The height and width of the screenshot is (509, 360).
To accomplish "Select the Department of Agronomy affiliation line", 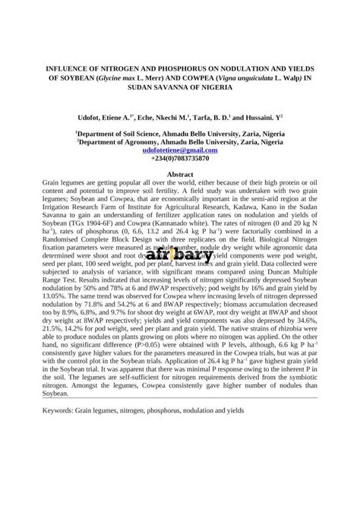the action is click(180, 142).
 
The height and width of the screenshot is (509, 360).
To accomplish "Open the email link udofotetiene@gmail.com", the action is click(180, 150).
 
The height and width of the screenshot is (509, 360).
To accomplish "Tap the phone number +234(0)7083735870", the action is click(180, 159).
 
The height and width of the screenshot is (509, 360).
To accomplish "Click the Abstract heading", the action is click(180, 175).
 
